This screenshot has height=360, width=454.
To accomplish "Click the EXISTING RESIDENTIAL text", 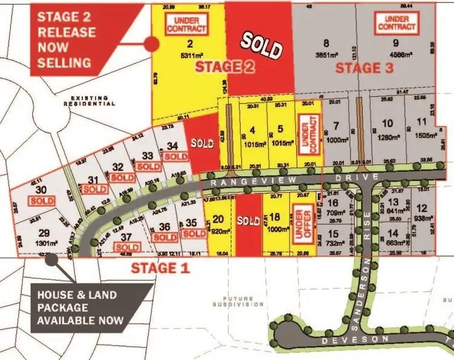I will click(92, 100).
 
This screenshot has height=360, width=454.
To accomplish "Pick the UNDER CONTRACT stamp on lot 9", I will click(398, 24).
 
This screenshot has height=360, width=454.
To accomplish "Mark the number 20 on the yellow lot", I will click(219, 219).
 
